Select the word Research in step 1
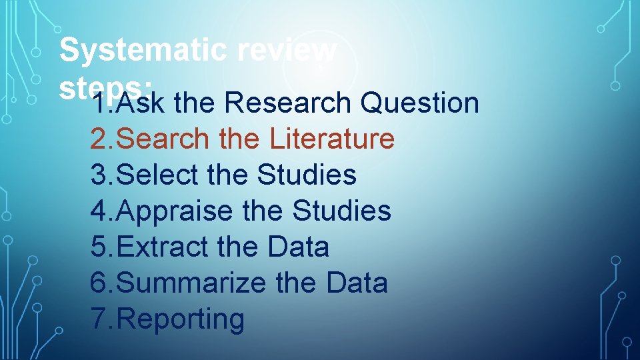288,103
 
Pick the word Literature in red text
332,139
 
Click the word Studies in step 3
307,175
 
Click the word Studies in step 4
341,211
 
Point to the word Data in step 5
298,247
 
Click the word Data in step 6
357,283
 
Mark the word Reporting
180,319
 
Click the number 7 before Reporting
99,319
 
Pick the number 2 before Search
99,139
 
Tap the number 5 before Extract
99,247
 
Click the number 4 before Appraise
99,211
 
